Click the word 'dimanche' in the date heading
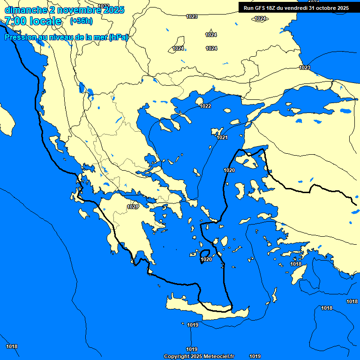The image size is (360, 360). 25,10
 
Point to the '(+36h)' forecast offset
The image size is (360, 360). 81,21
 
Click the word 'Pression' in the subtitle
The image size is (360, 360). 20,37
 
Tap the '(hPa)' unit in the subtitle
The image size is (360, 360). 118,37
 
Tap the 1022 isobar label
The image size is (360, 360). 205,106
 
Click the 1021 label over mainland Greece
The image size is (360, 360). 133,207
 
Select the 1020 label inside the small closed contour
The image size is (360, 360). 206,259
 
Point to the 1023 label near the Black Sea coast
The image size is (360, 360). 305,68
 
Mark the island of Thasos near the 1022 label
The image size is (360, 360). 199,101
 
